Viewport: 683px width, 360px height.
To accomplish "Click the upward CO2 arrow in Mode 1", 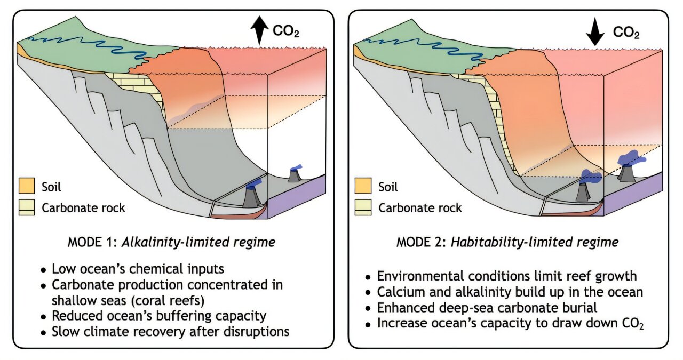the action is pyautogui.click(x=259, y=30).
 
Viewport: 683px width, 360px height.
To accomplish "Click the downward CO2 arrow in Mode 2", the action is pyautogui.click(x=594, y=31).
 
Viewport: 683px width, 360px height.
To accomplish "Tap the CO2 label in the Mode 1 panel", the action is pyautogui.click(x=285, y=31).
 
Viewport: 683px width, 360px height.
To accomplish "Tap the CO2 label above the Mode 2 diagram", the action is pyautogui.click(x=626, y=33).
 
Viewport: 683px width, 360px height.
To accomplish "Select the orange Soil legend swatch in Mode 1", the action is pyautogui.click(x=27, y=186).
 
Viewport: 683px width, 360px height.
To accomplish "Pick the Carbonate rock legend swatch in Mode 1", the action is pyautogui.click(x=27, y=207).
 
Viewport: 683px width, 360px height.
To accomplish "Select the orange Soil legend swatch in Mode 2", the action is pyautogui.click(x=363, y=186).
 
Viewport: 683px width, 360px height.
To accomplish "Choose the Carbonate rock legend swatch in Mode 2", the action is pyautogui.click(x=363, y=207).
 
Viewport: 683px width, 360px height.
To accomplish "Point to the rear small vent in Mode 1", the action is pyautogui.click(x=295, y=174).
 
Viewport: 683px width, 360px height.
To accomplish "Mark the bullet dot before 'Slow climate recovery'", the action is pyautogui.click(x=44, y=333).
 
